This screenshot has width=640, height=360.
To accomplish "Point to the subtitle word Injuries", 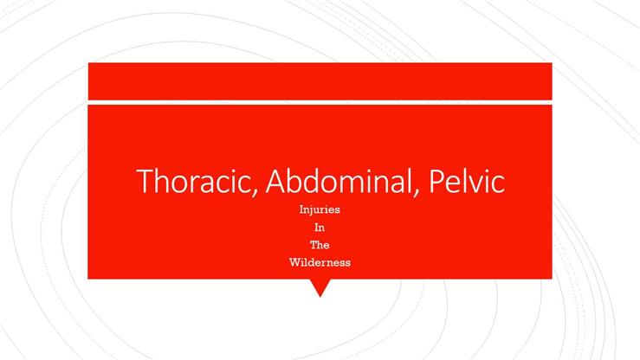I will (320, 209).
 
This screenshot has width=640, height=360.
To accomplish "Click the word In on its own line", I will (320, 227).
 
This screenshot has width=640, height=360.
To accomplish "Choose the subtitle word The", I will (320, 244).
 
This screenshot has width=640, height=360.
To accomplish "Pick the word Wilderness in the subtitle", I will (320, 261).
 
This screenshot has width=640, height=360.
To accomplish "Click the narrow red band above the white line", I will (320, 81).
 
